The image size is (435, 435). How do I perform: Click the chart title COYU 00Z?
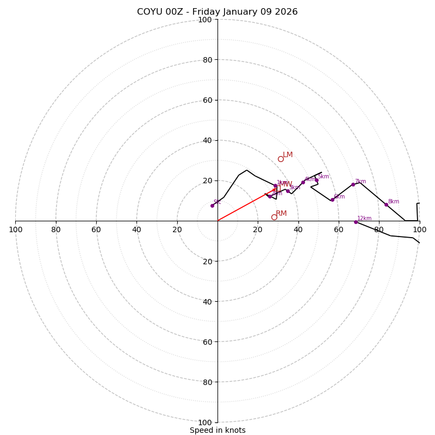tap(217, 12)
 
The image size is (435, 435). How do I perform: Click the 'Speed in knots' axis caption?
tap(217, 430)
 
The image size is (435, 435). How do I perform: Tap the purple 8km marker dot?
tap(386, 204)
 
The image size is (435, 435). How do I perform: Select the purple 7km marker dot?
tap(353, 184)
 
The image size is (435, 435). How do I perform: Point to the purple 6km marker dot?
tap(332, 200)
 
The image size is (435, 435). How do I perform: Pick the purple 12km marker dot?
tap(356, 222)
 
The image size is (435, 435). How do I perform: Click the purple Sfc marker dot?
tap(212, 206)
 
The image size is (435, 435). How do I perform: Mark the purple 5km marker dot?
tap(316, 180)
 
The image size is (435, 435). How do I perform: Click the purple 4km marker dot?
tap(303, 183)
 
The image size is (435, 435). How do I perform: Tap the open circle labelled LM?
tap(281, 159)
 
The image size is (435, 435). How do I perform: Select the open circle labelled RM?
tap(274, 217)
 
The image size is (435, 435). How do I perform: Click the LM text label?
tap(288, 155)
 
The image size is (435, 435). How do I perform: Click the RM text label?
tap(281, 214)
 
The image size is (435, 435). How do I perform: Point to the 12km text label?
tap(364, 219)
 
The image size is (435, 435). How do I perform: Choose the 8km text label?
tap(393, 202)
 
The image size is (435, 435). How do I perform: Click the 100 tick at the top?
tap(204, 20)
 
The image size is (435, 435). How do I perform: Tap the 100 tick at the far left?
tap(15, 229)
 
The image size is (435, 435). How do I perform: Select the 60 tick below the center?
tap(204, 341)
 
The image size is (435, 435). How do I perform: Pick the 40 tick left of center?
tap(136, 229)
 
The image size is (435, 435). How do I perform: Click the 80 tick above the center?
tap(207, 60)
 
